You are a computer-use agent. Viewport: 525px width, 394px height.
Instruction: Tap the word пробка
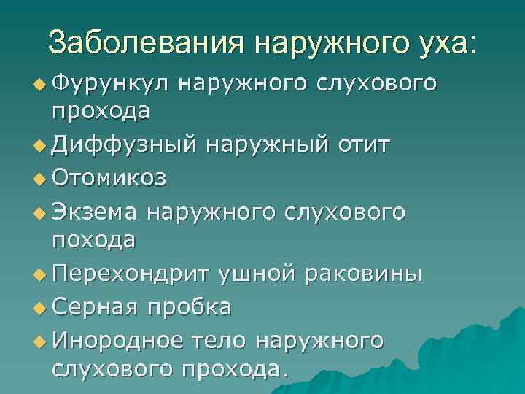pos(190,307)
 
